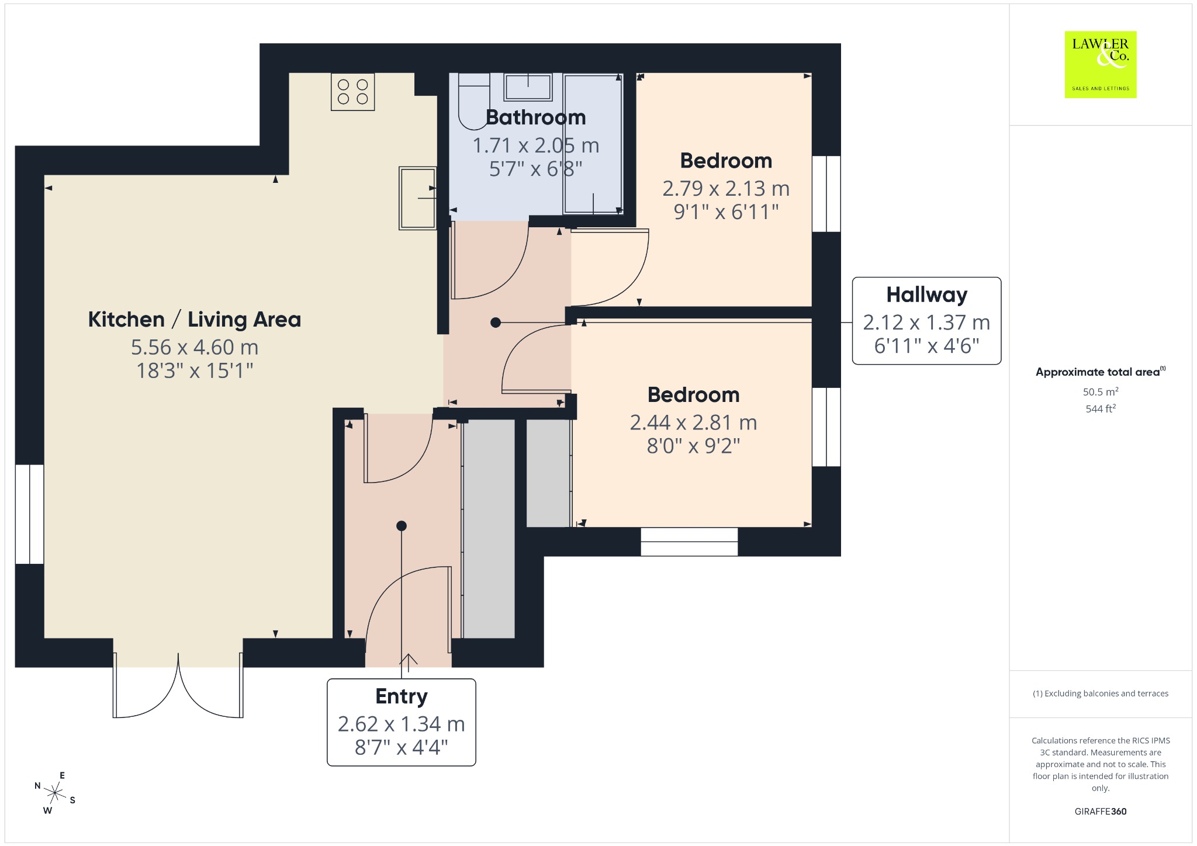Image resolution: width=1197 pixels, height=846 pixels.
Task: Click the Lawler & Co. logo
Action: pos(1100,64)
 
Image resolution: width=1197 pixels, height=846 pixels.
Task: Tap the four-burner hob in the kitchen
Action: pos(352,92)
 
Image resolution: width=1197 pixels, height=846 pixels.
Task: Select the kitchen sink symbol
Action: pos(418,198)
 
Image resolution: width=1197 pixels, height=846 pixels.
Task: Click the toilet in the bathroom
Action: pos(473,100)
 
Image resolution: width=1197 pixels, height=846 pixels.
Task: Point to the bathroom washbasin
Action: pos(528,87)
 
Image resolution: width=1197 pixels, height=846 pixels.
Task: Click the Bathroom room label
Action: pos(535,117)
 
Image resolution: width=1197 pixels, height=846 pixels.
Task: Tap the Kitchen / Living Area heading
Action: pos(195,320)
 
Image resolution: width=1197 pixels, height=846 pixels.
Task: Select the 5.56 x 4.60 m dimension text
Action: pos(195,347)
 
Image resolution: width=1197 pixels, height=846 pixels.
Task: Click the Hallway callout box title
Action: pos(926,295)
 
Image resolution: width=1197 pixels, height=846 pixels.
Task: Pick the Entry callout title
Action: pos(402,696)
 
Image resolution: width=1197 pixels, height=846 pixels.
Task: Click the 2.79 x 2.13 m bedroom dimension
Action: pos(726,188)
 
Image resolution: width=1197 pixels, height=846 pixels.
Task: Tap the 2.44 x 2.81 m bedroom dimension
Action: pos(693,422)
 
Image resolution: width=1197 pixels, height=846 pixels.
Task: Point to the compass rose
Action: pos(56,793)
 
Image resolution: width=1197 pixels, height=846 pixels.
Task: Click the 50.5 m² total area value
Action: pos(1101,392)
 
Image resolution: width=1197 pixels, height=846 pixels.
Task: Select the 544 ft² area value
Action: pos(1101,409)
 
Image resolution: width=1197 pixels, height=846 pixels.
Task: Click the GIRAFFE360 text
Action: pos(1101,812)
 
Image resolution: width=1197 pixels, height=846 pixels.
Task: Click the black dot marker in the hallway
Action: pos(496,323)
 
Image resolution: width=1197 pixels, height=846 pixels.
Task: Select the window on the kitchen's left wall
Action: pos(29,514)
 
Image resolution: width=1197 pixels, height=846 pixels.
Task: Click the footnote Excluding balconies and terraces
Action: pos(1101,694)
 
